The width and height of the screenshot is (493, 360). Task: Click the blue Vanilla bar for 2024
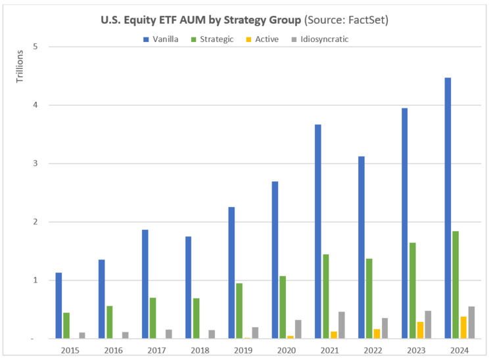click(447, 208)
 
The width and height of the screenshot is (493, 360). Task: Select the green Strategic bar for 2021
click(325, 296)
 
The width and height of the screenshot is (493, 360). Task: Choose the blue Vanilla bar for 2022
click(361, 247)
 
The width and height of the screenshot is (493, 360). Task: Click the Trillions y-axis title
click(19, 66)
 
